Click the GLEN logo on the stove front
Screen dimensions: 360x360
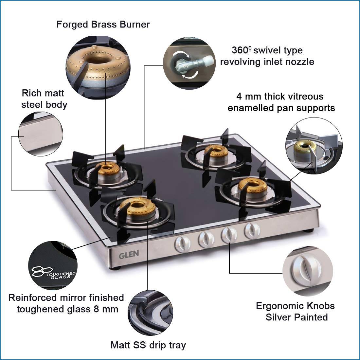point(129,254)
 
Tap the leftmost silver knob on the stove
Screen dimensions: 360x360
point(183,244)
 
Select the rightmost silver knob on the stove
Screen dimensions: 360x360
point(252,230)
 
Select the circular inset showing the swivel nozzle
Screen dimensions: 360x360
point(189,63)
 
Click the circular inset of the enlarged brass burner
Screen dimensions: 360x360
point(98,68)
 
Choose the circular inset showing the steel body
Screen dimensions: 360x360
point(41,134)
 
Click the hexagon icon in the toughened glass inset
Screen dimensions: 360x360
point(42,271)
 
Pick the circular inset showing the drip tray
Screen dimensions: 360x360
point(151,313)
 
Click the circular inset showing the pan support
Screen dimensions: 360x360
point(314,146)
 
